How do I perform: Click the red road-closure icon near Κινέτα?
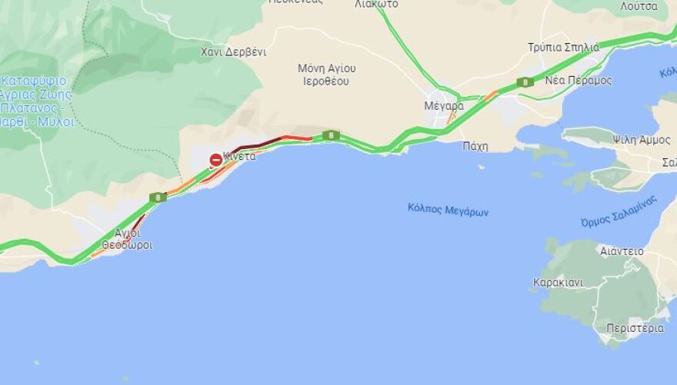[x=216, y=160]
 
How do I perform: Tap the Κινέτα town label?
[x=240, y=156]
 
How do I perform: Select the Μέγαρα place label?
[x=444, y=106]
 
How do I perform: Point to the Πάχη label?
[x=475, y=146]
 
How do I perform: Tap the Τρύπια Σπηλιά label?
[x=563, y=47]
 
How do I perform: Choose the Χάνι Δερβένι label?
[x=233, y=52]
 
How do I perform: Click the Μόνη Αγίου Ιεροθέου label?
[x=327, y=74]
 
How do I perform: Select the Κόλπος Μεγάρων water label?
[x=449, y=211]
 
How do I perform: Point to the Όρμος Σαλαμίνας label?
[x=619, y=211]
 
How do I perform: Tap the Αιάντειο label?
[x=622, y=251]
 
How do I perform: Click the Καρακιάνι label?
[x=558, y=282]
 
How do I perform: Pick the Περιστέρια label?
[x=635, y=328]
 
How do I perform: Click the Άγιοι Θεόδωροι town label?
[x=128, y=239]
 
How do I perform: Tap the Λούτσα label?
[x=639, y=6]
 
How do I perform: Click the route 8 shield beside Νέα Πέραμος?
[x=525, y=82]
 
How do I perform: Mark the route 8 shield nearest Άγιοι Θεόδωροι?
[x=158, y=197]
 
